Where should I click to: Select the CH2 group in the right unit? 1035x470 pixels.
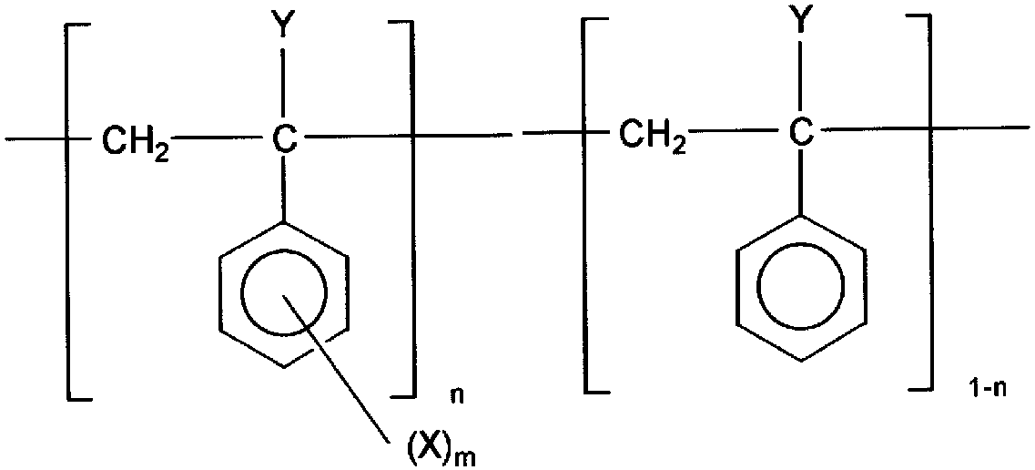tap(651, 138)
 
